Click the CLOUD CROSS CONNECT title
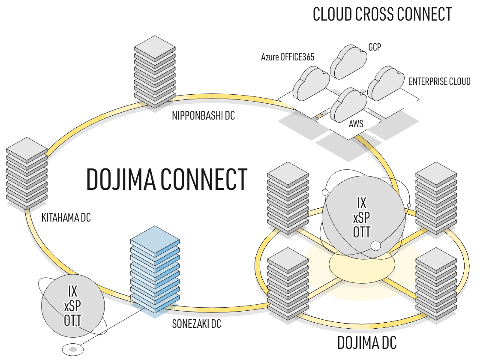(382, 15)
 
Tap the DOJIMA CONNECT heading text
(167, 179)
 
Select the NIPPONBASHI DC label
(203, 116)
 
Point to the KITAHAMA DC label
(66, 218)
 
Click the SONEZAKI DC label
(197, 324)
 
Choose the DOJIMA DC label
(367, 343)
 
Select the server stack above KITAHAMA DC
(27, 174)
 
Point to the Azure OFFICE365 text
(288, 57)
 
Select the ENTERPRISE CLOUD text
(439, 81)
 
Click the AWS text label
(356, 124)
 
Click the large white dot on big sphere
(375, 246)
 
